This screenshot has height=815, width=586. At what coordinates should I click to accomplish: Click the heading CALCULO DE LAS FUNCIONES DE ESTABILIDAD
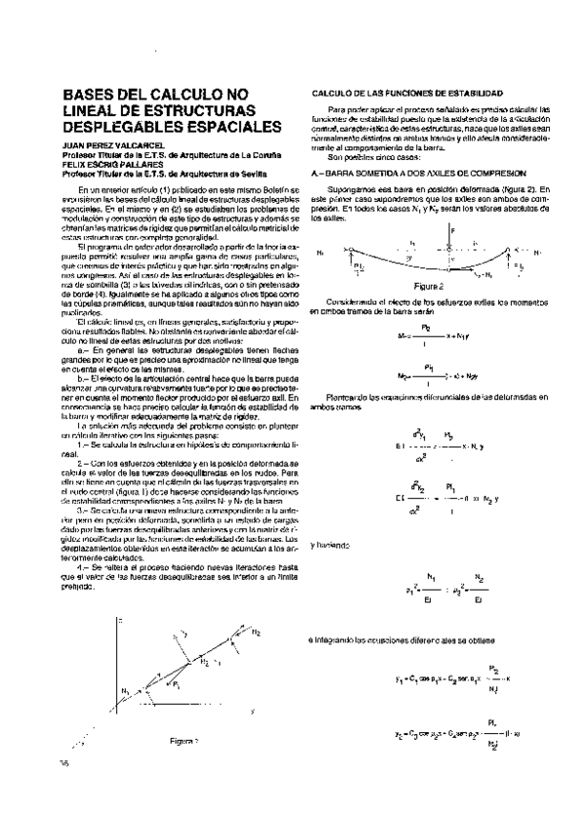coord(407,92)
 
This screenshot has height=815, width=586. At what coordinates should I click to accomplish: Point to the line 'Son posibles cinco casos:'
coord(372,157)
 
